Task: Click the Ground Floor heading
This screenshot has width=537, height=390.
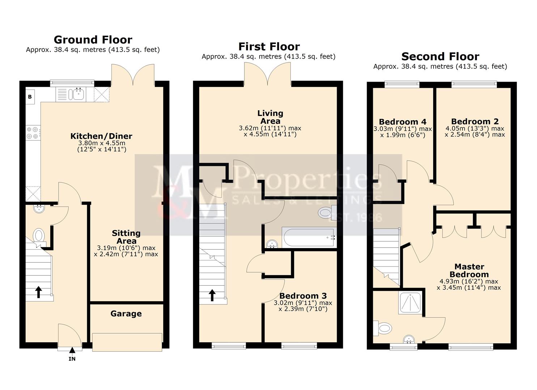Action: [x=93, y=39]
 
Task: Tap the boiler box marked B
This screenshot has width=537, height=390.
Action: [x=30, y=96]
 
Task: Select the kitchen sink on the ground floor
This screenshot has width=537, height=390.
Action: [x=78, y=94]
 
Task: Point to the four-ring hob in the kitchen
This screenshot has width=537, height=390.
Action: [x=33, y=133]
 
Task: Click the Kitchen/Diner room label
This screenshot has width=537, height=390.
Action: [x=101, y=136]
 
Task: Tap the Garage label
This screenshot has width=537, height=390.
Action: [x=126, y=314]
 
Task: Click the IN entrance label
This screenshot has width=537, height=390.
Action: [x=72, y=359]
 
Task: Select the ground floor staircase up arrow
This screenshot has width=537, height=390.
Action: [x=38, y=291]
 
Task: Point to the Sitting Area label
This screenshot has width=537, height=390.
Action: [x=126, y=237]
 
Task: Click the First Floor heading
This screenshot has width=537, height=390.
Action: [x=269, y=47]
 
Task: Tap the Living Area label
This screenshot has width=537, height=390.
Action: [x=270, y=117]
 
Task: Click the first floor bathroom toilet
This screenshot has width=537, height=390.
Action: [x=325, y=212]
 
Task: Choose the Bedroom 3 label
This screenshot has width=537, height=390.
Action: [x=303, y=296]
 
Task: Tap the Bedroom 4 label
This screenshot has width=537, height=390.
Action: [x=402, y=122]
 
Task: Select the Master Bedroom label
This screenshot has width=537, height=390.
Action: [x=469, y=270]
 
